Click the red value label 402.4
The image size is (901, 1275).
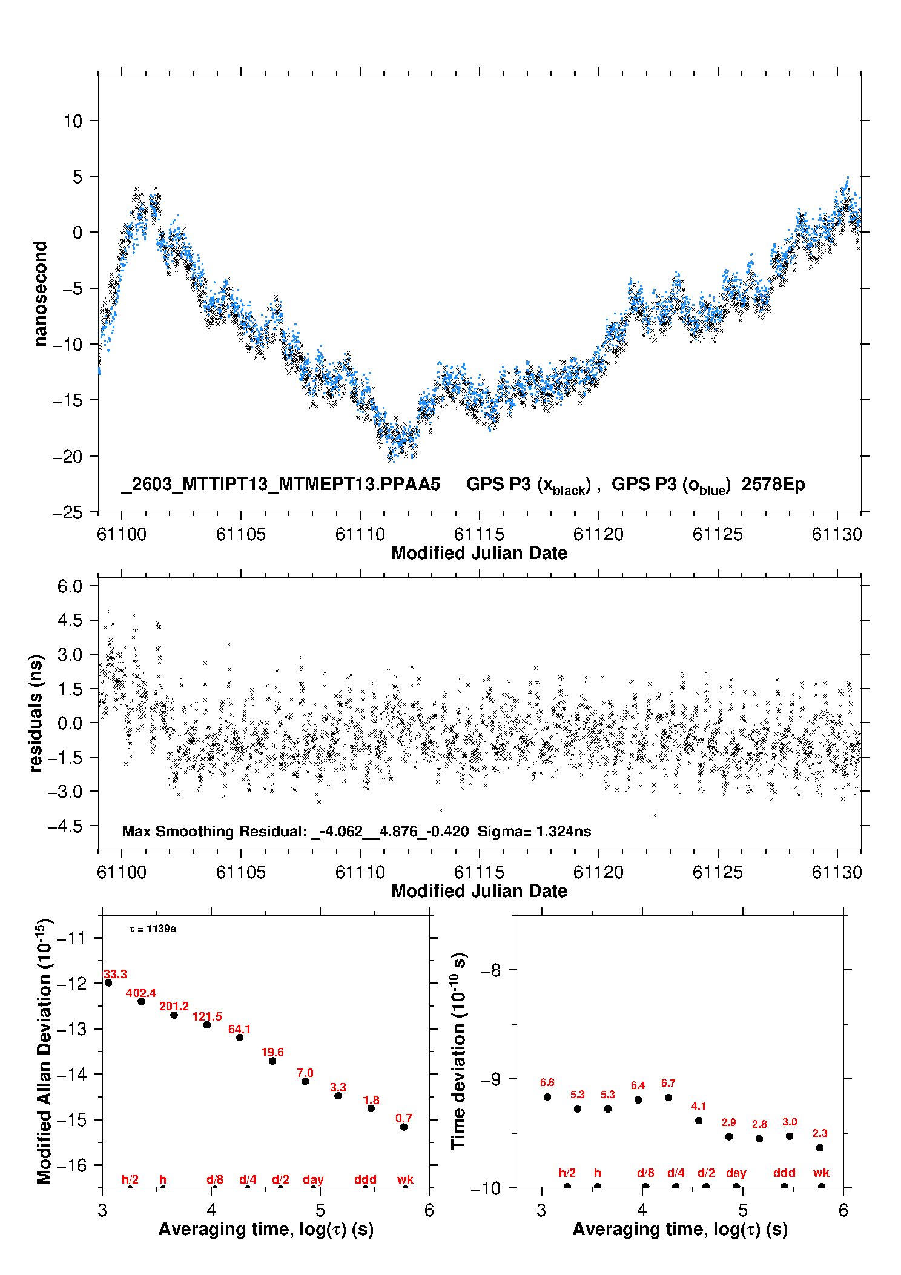[x=140, y=993]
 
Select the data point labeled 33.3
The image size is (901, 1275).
[x=108, y=982]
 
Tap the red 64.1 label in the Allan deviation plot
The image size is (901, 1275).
[x=239, y=1029]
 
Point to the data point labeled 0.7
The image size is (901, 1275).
[x=404, y=1127]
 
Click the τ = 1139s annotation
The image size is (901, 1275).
[x=153, y=929]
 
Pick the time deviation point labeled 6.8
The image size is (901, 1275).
[x=547, y=1096]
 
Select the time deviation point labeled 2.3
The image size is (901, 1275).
[x=820, y=1147]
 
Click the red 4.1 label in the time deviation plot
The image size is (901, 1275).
[x=698, y=1106]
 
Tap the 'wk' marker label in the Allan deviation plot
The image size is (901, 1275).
[x=405, y=1179]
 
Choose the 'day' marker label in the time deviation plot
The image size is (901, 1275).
[x=736, y=1173]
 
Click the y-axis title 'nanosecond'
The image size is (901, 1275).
[x=40, y=294]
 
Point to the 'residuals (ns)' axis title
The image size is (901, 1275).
[x=36, y=713]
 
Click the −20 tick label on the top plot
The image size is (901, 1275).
[x=67, y=457]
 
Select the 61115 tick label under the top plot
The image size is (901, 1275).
[x=479, y=534]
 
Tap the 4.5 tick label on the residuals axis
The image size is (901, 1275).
[x=70, y=620]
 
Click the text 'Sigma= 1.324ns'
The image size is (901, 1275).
[x=534, y=831]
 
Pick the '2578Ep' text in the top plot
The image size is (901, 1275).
[x=773, y=485]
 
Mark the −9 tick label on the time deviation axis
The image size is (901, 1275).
[x=491, y=1079]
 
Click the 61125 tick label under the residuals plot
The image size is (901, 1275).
[x=718, y=872]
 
